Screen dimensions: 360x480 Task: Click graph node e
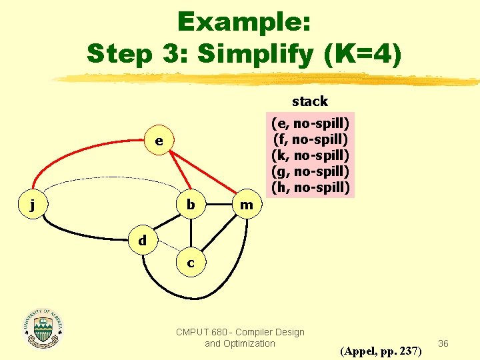tap(158, 141)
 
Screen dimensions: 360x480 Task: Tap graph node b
tap(191, 205)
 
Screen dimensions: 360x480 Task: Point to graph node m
tap(247, 205)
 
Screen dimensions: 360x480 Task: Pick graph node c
tap(191, 263)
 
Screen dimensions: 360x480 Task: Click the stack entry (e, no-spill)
tap(310, 123)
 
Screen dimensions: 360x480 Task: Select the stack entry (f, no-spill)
tap(310, 139)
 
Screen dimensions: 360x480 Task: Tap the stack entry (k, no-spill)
tap(310, 155)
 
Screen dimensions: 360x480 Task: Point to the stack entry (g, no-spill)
tap(310, 171)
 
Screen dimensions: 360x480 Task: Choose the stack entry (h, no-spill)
tap(310, 187)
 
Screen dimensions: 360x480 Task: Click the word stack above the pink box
tap(310, 101)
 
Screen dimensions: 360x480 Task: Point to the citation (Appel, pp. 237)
tap(381, 351)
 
